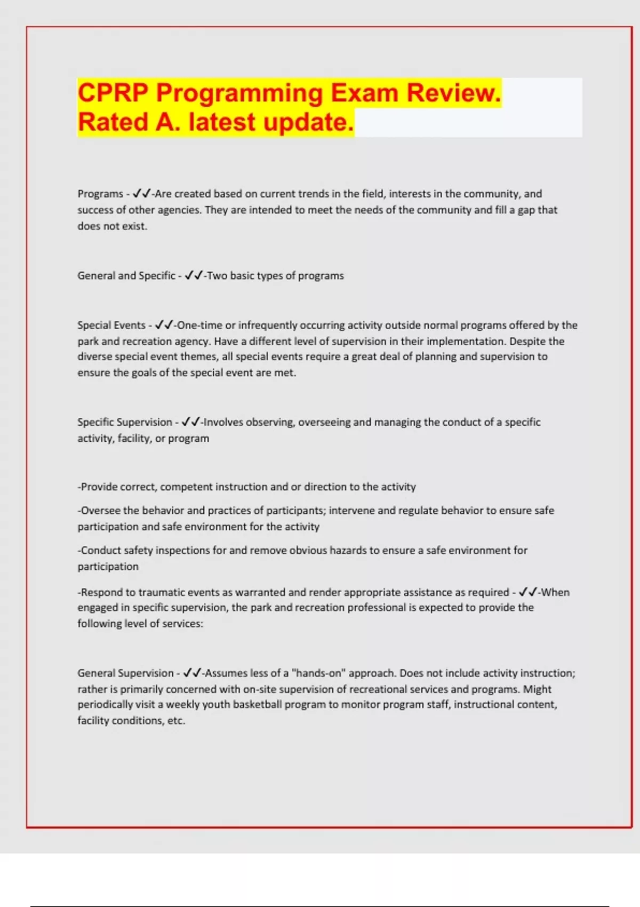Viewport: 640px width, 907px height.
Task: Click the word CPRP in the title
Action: click(x=113, y=93)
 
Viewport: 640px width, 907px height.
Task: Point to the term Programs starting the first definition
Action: click(x=100, y=194)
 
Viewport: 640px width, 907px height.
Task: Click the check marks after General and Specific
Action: click(x=194, y=276)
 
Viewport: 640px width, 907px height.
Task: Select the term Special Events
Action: click(x=111, y=325)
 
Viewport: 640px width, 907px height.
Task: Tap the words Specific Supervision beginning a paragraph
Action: click(x=125, y=422)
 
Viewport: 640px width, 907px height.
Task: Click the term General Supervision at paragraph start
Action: click(x=125, y=673)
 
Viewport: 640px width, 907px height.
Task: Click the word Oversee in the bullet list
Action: click(x=100, y=511)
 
